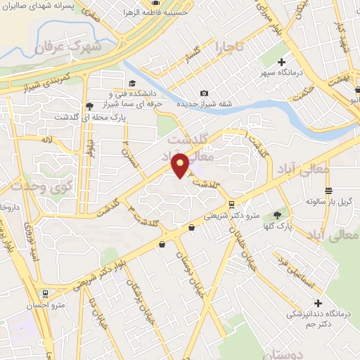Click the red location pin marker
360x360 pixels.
(180, 165)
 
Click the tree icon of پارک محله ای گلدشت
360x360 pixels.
(88, 106)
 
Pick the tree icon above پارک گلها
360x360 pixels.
(276, 214)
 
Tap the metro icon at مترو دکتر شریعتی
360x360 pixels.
(192, 226)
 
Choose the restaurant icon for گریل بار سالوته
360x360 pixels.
(328, 191)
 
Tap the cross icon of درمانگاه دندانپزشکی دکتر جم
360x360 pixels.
(318, 303)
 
